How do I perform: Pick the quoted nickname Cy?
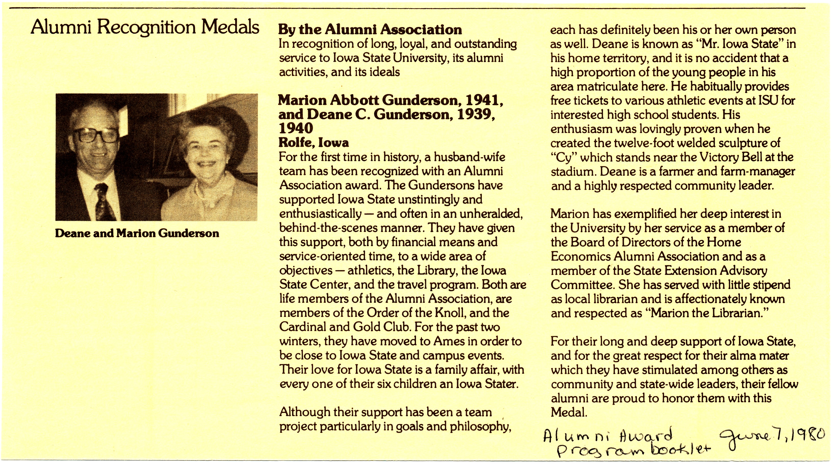(x=563, y=157)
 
